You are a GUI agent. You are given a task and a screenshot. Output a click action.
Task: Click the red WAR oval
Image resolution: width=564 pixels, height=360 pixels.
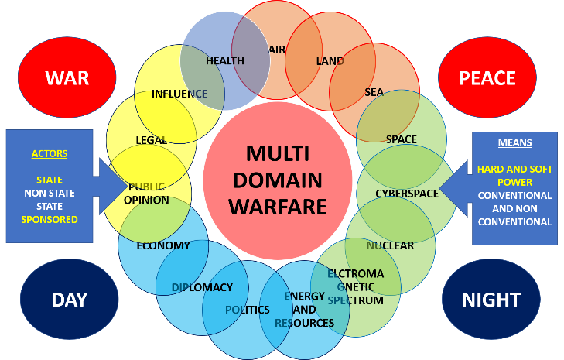tap(67, 77)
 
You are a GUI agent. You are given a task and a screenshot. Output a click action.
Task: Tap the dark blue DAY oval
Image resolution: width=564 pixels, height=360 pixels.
tap(69, 300)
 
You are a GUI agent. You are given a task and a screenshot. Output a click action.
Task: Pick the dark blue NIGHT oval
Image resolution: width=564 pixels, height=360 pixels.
tap(491, 300)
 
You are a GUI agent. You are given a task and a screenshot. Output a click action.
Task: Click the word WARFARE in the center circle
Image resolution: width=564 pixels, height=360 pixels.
tap(283, 207)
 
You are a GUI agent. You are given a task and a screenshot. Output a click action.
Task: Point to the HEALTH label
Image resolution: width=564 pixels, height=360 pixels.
tap(225, 60)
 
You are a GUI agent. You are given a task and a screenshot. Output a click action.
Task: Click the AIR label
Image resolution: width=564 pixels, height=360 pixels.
tap(278, 50)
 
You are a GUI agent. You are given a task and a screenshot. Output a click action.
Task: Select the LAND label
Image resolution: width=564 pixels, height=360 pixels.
tap(330, 60)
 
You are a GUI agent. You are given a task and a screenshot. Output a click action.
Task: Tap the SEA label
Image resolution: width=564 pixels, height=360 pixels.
tap(374, 92)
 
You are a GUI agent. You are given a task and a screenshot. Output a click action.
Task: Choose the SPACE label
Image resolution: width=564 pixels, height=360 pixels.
tap(401, 139)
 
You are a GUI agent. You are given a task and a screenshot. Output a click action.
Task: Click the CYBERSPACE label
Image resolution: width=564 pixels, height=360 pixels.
tap(407, 194)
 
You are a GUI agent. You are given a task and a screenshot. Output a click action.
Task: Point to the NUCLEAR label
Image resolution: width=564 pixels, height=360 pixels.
tap(391, 245)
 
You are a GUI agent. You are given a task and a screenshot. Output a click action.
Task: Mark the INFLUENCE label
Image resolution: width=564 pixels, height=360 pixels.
tap(179, 94)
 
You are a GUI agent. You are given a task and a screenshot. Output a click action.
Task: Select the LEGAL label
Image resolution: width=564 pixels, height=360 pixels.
tap(152, 140)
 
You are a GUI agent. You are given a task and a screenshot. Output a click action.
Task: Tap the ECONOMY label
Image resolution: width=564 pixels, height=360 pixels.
tap(163, 245)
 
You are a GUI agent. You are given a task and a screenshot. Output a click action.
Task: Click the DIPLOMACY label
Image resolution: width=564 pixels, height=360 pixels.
tap(202, 287)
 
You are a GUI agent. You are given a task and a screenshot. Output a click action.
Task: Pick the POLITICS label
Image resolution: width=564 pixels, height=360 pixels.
tap(248, 310)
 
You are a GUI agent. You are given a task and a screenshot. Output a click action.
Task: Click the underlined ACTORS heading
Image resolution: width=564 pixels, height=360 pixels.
tap(50, 153)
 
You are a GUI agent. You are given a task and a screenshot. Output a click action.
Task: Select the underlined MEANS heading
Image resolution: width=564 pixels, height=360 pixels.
tap(514, 142)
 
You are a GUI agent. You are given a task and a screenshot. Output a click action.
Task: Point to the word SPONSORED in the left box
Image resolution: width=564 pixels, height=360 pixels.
tap(50, 219)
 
